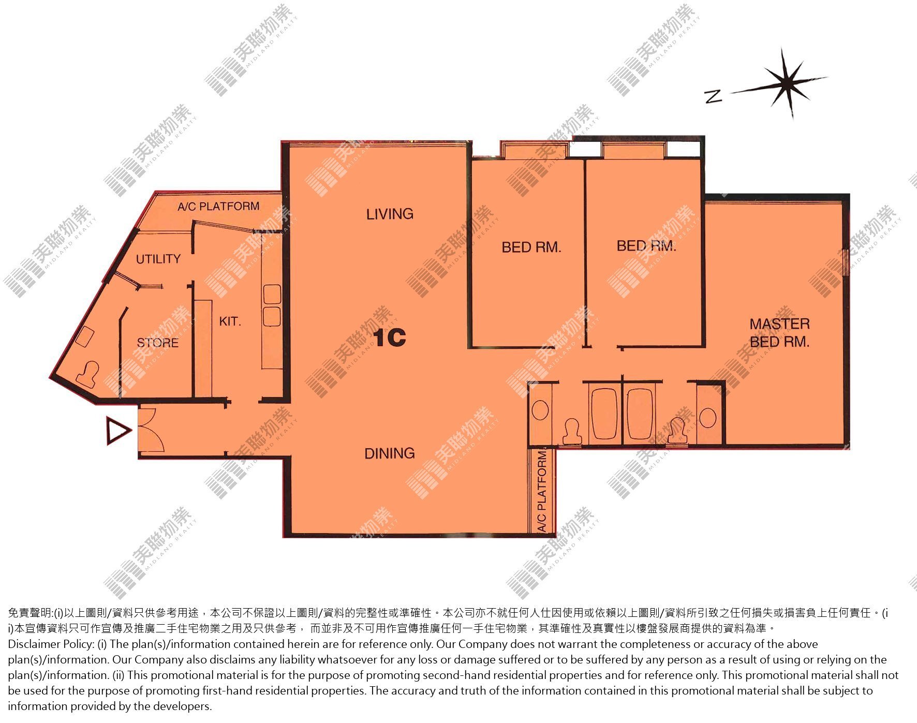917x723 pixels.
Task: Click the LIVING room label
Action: [x=390, y=214]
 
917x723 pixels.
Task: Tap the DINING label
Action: [x=390, y=453]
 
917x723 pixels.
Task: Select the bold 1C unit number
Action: [x=390, y=338]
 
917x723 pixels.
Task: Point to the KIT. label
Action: [x=230, y=321]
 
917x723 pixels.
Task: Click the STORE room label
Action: [x=157, y=343]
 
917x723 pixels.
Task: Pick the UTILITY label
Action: [x=158, y=259]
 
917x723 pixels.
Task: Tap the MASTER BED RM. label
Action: [x=779, y=333]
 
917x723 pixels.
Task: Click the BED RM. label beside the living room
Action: [x=531, y=247]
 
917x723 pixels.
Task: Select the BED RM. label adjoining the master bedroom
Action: [x=646, y=246]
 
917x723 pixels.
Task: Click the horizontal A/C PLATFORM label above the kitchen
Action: [x=218, y=206]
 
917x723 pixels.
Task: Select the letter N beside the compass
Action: [x=714, y=96]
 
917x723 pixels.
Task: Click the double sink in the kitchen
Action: [x=272, y=305]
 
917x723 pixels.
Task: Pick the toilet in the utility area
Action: [x=88, y=374]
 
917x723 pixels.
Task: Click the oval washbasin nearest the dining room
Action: [x=540, y=410]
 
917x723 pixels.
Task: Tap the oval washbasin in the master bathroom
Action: [x=708, y=417]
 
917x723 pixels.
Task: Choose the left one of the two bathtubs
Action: [x=604, y=414]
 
